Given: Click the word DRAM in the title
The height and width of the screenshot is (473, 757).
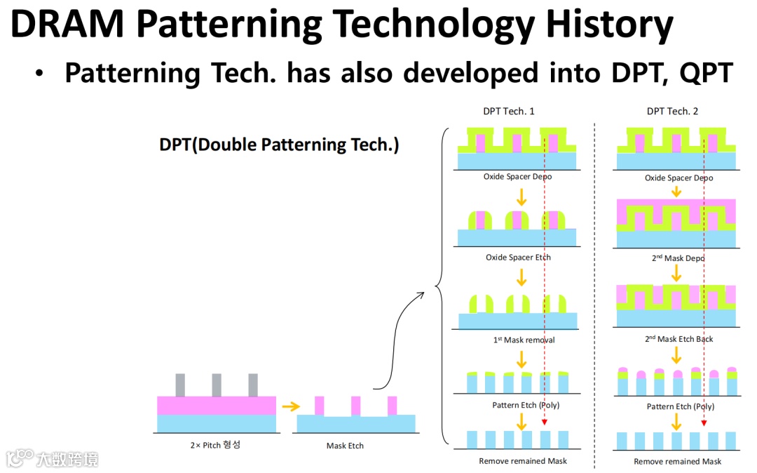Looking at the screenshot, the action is (67, 24).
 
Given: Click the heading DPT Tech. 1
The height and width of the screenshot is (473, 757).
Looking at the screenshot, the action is (509, 111).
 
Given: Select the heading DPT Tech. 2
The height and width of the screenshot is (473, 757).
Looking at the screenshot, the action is (672, 111).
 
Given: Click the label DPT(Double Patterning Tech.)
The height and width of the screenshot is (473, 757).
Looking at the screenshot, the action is (279, 145).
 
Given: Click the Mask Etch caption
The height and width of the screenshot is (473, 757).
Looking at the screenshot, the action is (345, 446).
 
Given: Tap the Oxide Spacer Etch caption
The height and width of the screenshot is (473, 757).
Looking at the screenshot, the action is (518, 258).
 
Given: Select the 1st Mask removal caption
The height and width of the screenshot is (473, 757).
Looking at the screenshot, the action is (524, 340).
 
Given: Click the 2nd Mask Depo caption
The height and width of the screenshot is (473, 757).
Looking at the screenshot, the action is (678, 258).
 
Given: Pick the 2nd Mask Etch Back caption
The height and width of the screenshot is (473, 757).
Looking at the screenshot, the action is (678, 339).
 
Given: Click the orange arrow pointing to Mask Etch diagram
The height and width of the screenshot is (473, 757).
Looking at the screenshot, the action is (291, 407).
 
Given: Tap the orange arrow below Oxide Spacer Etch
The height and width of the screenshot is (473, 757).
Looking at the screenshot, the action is (521, 277).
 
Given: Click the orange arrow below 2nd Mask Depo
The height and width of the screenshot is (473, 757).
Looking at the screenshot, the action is (676, 273).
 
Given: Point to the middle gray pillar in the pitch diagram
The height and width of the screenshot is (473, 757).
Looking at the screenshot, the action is (217, 385).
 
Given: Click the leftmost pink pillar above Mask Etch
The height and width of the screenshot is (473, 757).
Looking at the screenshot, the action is (319, 406).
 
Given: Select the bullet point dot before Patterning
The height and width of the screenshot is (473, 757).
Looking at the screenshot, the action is (39, 74).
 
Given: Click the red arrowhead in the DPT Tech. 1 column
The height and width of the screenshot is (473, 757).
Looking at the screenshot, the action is (545, 422).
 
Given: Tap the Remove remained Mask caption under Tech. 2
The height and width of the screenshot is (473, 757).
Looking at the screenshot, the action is (677, 461).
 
